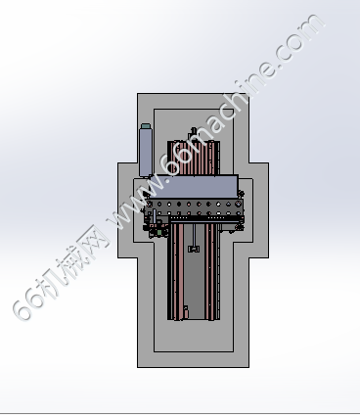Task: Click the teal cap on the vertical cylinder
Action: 146,126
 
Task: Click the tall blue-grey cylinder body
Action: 146,153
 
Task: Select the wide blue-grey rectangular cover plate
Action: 193,187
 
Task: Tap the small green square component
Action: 159,232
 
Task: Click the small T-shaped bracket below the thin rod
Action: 194,249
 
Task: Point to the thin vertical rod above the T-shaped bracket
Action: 194,235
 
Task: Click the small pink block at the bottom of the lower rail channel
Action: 186,313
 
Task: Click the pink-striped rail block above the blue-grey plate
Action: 194,159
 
